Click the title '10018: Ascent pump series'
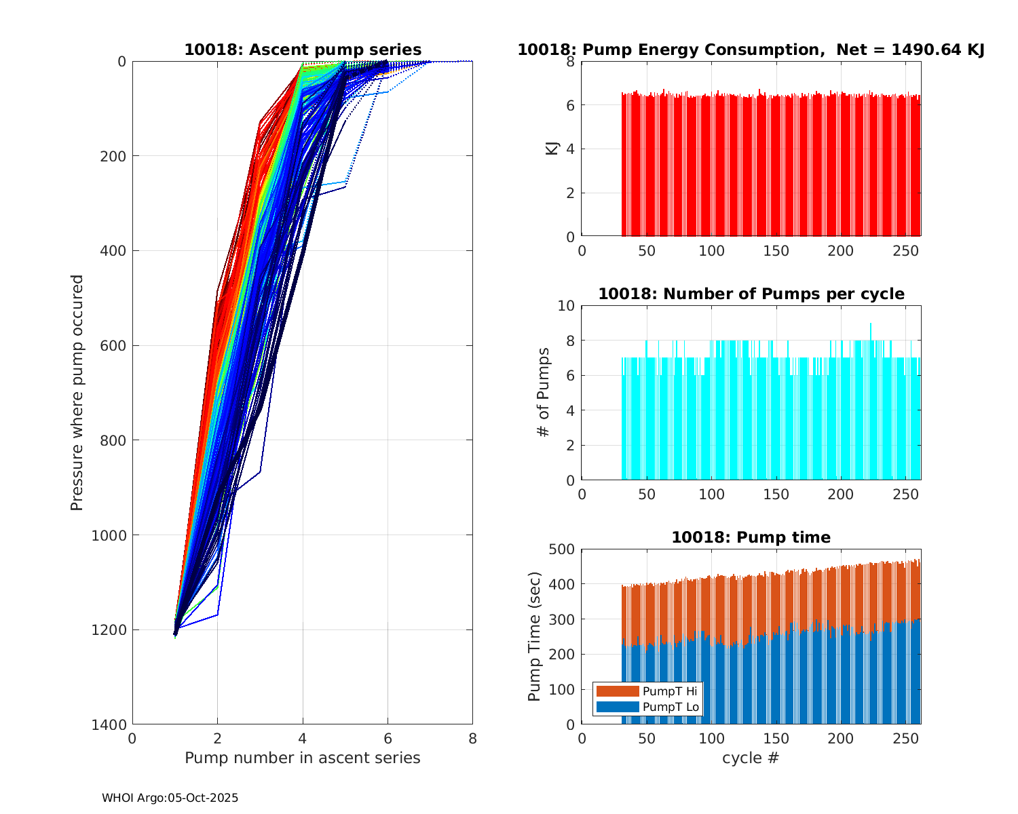point(303,50)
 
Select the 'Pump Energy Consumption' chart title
point(751,50)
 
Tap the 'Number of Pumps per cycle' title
point(751,294)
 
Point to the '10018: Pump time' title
point(751,537)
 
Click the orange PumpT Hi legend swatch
point(617,691)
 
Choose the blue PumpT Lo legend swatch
point(617,707)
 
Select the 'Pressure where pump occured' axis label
point(77,392)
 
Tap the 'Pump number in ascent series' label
point(303,758)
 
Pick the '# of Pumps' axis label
point(543,392)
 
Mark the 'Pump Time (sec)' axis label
point(535,636)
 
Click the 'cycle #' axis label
point(751,758)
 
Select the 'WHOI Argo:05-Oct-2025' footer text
point(170,798)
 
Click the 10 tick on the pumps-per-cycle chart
point(567,305)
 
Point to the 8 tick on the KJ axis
point(571,62)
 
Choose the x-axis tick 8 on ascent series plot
point(472,738)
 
